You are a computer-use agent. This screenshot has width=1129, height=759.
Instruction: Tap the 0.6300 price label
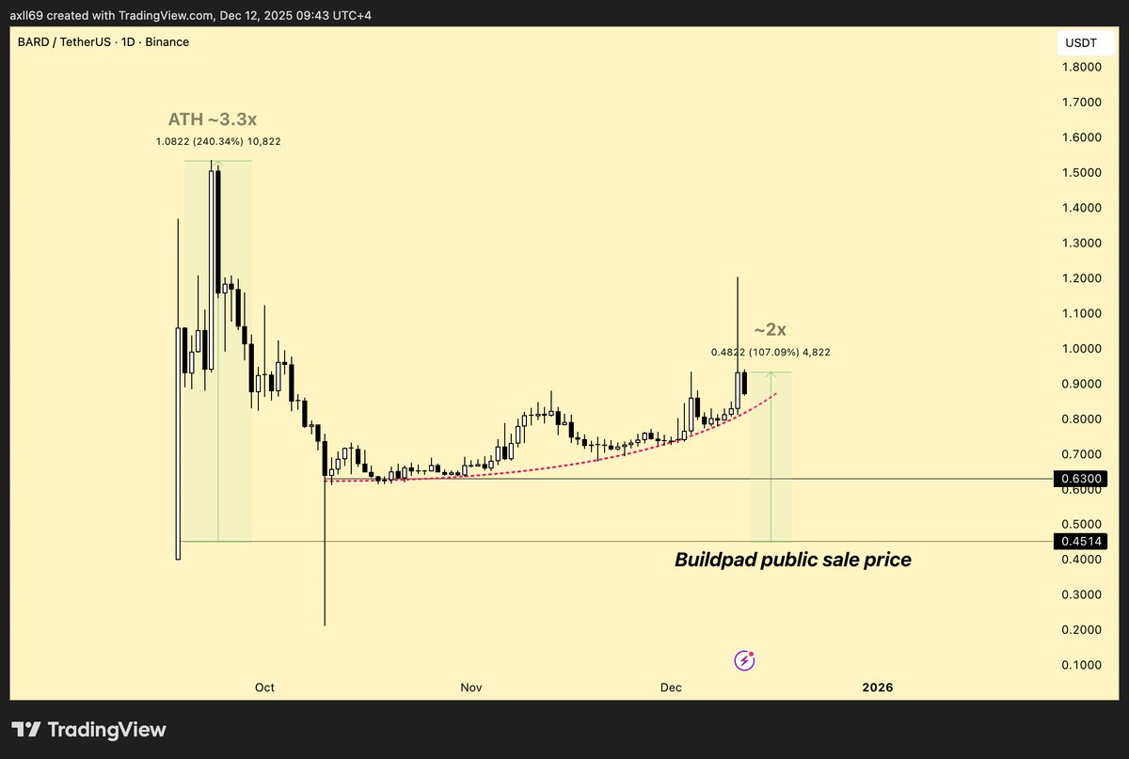pyautogui.click(x=1080, y=480)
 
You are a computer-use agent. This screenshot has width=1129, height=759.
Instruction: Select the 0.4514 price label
pyautogui.click(x=1080, y=541)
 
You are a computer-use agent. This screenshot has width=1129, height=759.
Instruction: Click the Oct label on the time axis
pyautogui.click(x=264, y=688)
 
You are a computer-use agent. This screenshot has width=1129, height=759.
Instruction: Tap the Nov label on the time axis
pyautogui.click(x=471, y=688)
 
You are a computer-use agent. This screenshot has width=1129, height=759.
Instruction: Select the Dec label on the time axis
pyautogui.click(x=671, y=688)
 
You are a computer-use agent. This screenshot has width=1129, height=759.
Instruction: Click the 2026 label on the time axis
pyautogui.click(x=878, y=688)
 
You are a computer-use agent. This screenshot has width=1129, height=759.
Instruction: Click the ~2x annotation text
pyautogui.click(x=770, y=330)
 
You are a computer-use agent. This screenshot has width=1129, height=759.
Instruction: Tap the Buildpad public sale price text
pyautogui.click(x=792, y=560)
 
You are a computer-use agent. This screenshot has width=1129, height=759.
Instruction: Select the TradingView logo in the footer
pyautogui.click(x=89, y=730)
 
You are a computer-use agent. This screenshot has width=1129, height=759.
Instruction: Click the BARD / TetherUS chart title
pyautogui.click(x=103, y=42)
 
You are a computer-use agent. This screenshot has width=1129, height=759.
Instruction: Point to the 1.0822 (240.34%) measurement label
pyautogui.click(x=218, y=141)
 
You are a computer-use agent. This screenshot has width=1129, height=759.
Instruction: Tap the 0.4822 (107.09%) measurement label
pyautogui.click(x=771, y=352)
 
